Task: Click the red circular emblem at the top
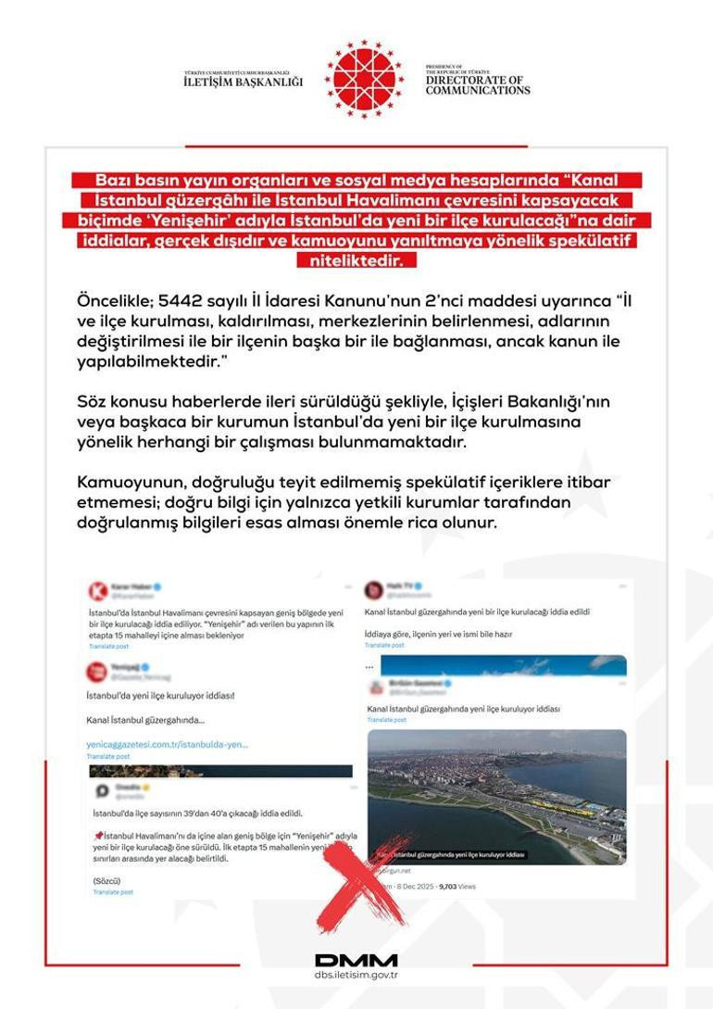pos(364,79)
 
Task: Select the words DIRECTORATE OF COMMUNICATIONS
pos(478,85)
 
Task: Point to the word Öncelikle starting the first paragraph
pos(116,301)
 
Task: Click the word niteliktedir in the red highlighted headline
pos(356,261)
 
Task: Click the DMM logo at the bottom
pos(356,960)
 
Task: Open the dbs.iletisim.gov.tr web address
pos(356,976)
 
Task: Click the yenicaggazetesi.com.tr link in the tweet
pos(168,744)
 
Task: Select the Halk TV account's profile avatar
pos(374,590)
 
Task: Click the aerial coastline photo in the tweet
pos(496,797)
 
